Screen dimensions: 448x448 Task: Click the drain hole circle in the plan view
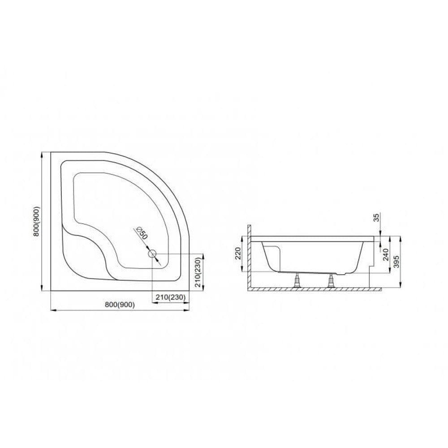coord(152,254)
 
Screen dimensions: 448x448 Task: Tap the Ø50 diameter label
coord(142,233)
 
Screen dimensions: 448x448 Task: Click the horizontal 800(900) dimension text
coord(120,305)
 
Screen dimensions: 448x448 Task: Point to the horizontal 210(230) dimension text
coord(171,297)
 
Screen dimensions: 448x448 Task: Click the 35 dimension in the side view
coord(377,218)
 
